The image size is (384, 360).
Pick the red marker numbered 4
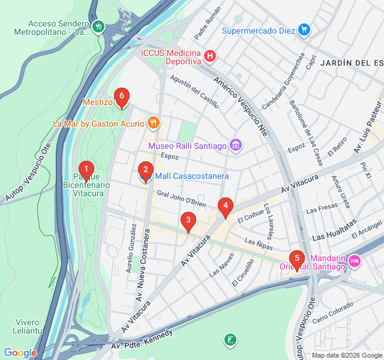225,207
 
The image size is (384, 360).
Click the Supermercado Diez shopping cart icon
304,29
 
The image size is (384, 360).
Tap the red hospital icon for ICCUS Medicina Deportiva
209,56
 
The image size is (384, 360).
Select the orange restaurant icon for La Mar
154,123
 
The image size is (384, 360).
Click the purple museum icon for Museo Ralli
236,145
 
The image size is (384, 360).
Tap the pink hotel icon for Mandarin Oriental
354,261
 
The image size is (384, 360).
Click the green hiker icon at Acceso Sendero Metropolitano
98,26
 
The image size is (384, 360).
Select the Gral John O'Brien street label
181,199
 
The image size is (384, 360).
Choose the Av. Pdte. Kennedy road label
142,340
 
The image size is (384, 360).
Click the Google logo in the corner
20,353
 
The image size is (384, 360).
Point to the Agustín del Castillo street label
194,92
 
